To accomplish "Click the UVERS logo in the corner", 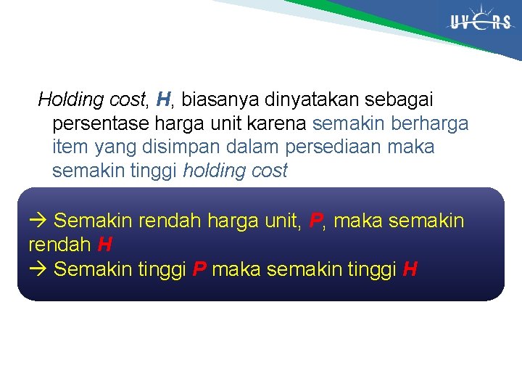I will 480,22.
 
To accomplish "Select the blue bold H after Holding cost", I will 163,99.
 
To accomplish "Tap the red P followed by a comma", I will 315,221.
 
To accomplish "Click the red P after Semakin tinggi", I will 200,269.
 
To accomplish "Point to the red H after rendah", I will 104,245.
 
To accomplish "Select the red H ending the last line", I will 410,269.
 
